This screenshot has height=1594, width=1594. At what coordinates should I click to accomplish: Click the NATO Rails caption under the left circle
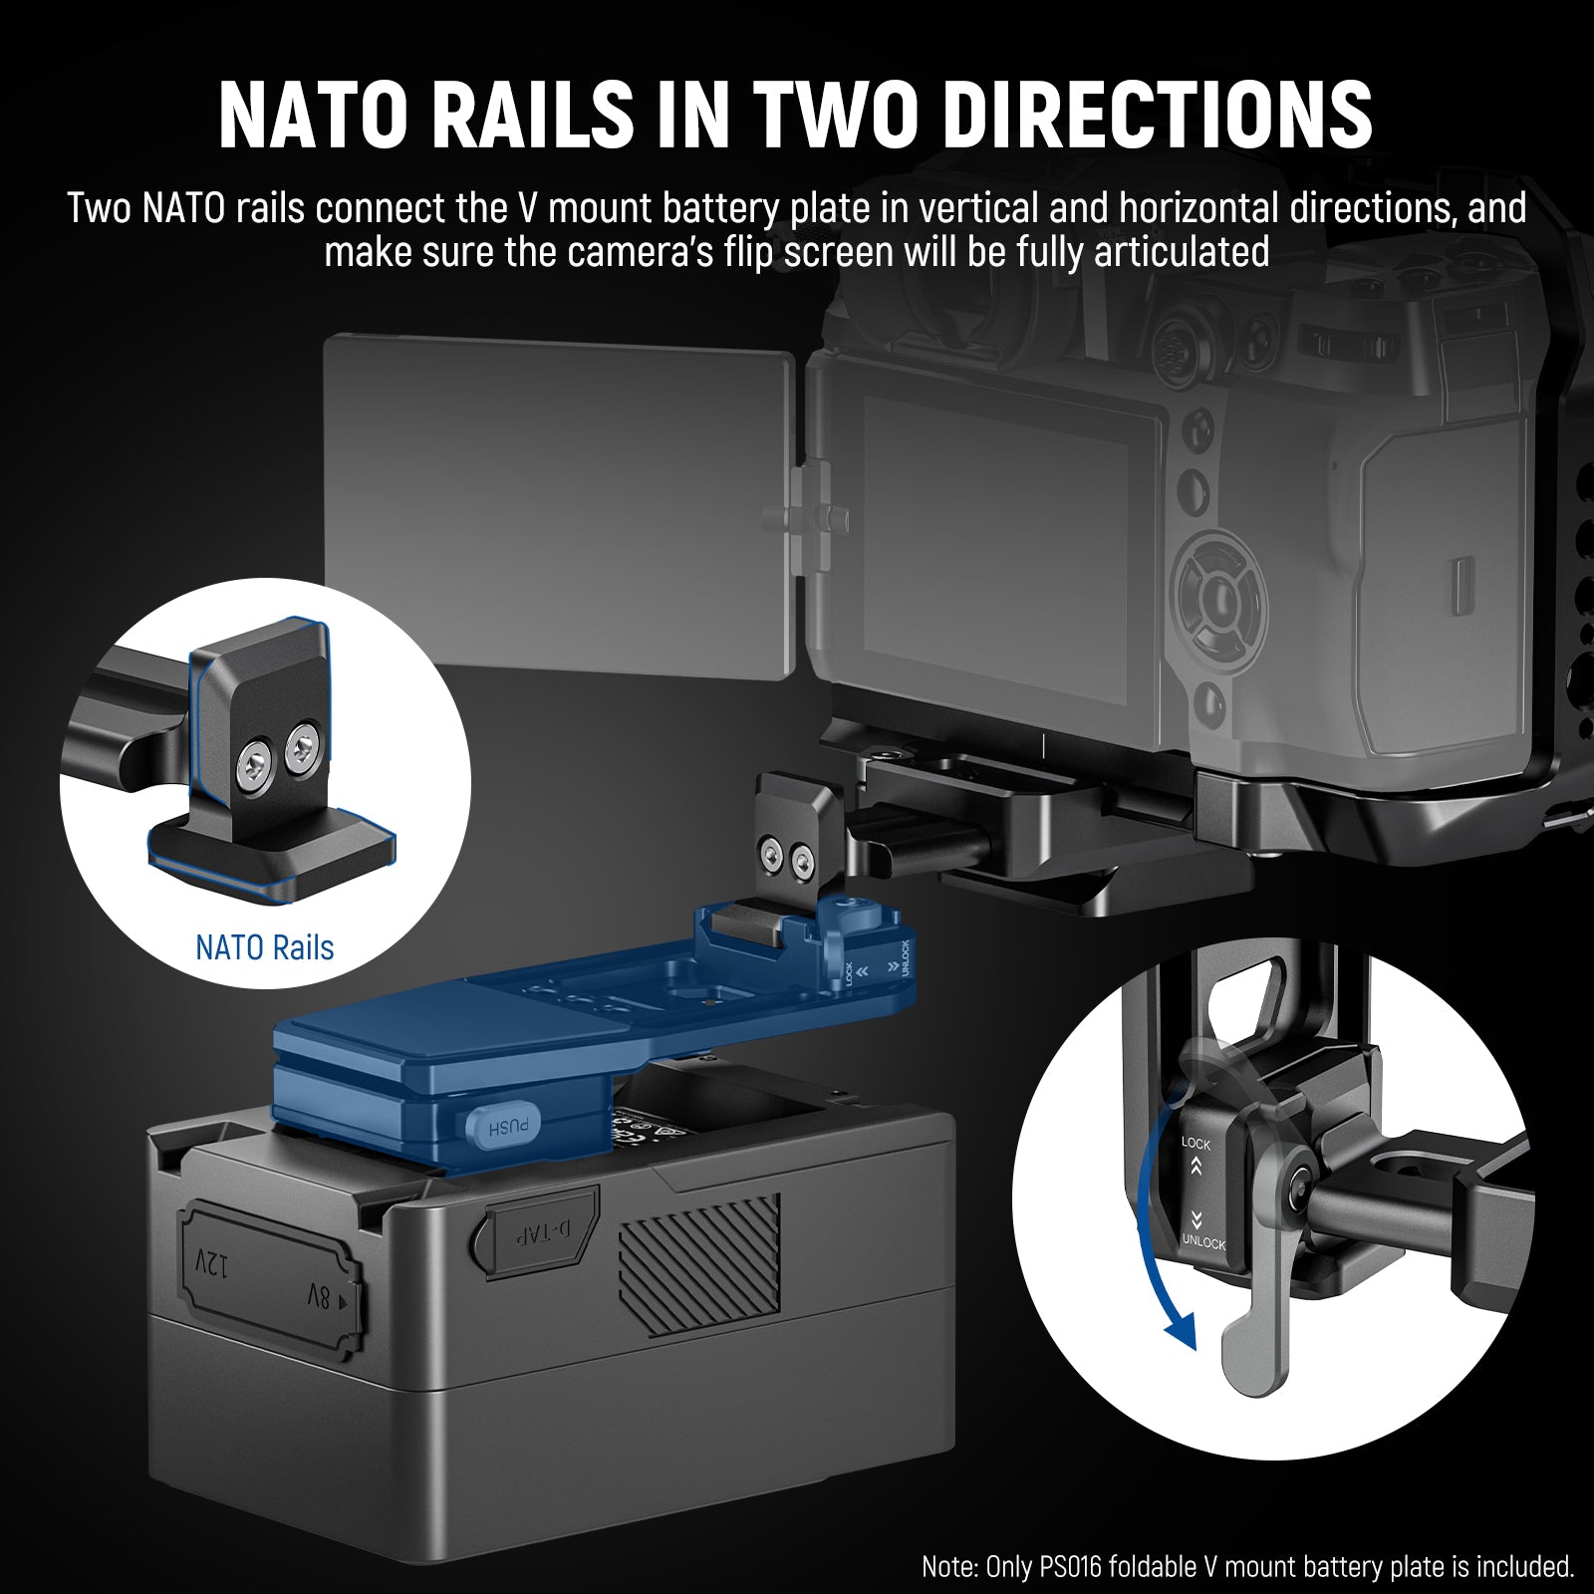point(264,946)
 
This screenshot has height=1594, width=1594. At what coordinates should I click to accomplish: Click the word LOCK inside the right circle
point(1195,1144)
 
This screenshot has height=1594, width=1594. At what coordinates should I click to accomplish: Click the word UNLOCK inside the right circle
point(1203,1243)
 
